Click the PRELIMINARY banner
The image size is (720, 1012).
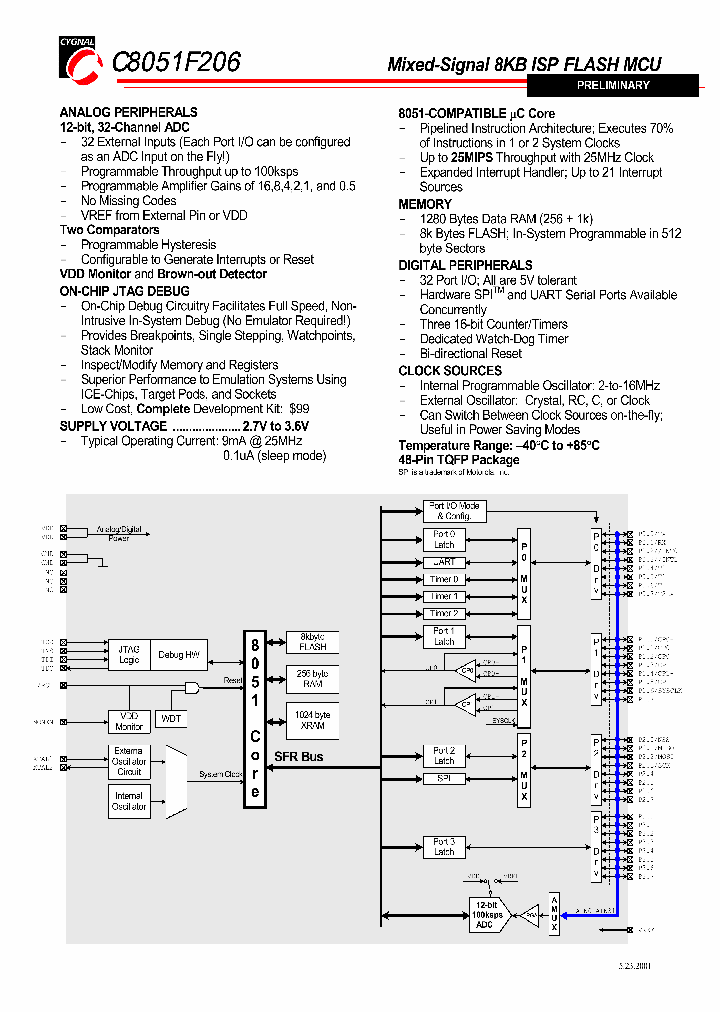click(613, 86)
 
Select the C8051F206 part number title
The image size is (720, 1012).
click(176, 62)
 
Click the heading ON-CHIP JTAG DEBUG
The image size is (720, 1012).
click(124, 290)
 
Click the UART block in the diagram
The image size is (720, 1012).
click(444, 562)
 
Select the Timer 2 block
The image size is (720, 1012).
click(444, 613)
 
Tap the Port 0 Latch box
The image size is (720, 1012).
click(444, 540)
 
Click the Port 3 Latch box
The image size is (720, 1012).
click(444, 847)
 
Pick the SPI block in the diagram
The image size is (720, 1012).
click(444, 777)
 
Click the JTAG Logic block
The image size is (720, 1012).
click(129, 654)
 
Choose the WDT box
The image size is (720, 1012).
click(172, 718)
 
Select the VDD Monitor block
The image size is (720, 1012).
click(129, 721)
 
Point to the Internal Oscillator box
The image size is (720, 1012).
click(129, 801)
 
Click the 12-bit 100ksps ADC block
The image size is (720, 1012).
click(484, 914)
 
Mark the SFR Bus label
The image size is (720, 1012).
click(298, 757)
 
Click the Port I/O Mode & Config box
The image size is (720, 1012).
click(453, 511)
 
